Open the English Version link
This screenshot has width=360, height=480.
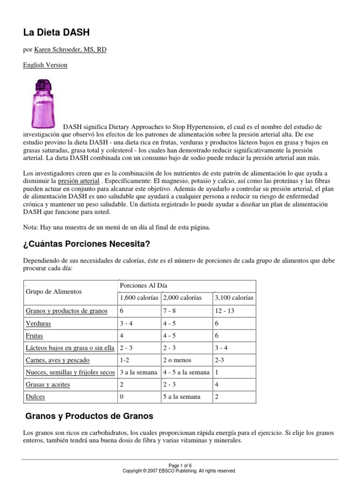45,65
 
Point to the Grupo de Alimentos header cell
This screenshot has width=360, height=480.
53,292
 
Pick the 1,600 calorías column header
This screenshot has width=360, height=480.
139,298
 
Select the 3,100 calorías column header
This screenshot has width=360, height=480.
234,298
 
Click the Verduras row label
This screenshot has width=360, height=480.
38,323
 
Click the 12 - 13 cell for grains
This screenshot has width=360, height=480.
225,311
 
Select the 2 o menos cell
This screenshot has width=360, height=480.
178,360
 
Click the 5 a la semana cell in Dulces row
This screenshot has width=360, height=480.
181,397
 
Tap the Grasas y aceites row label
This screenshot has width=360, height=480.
48,384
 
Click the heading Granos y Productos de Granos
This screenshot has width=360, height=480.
89,416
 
